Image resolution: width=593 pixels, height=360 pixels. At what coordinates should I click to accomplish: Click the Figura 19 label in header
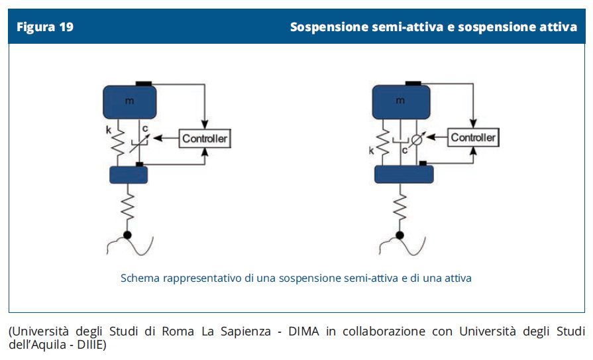point(45,27)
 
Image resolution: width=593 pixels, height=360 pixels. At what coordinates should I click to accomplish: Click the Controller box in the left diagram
point(205,139)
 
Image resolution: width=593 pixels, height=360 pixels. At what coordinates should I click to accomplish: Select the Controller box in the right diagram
point(473,137)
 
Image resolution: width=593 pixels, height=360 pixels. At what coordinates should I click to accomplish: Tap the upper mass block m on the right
point(400,102)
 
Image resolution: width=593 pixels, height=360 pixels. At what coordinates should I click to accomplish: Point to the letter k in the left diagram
point(108,130)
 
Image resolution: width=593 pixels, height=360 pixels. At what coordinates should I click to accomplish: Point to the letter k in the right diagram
point(372,151)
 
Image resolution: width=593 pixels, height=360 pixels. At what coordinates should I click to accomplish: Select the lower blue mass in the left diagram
point(128,174)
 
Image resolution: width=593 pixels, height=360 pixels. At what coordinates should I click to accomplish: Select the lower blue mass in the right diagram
point(404,174)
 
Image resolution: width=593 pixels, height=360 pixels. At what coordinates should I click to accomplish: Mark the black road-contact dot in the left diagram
point(127,235)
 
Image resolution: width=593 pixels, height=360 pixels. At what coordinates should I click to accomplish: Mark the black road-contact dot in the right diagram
point(400,235)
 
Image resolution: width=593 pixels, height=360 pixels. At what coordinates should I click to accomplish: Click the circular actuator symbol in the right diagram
point(417,140)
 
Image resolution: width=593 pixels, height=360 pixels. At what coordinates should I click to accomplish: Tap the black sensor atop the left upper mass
point(144,83)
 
